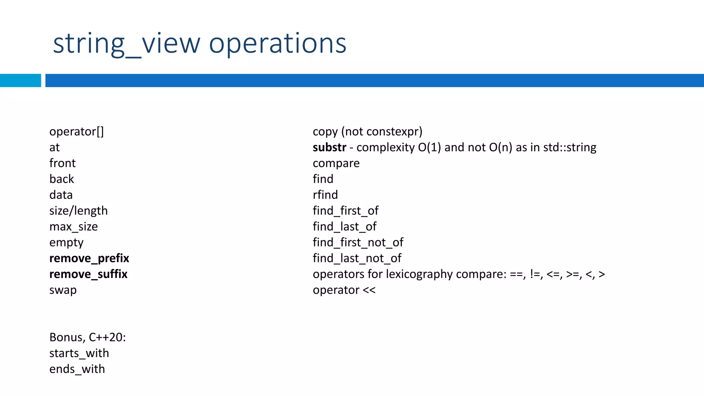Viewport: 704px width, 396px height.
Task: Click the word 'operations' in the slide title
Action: (277, 44)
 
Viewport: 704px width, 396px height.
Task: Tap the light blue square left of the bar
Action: (20, 80)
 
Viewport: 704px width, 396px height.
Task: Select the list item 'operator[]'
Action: (76, 131)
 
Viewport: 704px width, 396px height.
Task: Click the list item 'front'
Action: (62, 163)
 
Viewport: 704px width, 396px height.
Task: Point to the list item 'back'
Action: (62, 179)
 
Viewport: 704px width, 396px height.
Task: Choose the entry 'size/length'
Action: (78, 211)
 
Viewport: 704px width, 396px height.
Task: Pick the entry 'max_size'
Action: (74, 227)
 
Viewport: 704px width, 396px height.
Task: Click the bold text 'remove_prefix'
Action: (89, 258)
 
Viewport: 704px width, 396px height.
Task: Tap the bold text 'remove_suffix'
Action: (88, 274)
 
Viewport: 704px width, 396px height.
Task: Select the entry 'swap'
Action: (63, 290)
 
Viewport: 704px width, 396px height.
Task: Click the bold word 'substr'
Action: (329, 147)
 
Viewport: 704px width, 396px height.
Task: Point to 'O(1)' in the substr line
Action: (429, 147)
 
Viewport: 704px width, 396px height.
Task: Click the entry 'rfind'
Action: (325, 195)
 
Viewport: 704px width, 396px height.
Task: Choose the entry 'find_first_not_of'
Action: (358, 242)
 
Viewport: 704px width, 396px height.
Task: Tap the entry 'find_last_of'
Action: (344, 227)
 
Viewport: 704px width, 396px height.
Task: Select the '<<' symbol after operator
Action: (369, 290)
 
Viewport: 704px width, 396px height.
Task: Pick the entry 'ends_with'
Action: (77, 369)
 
